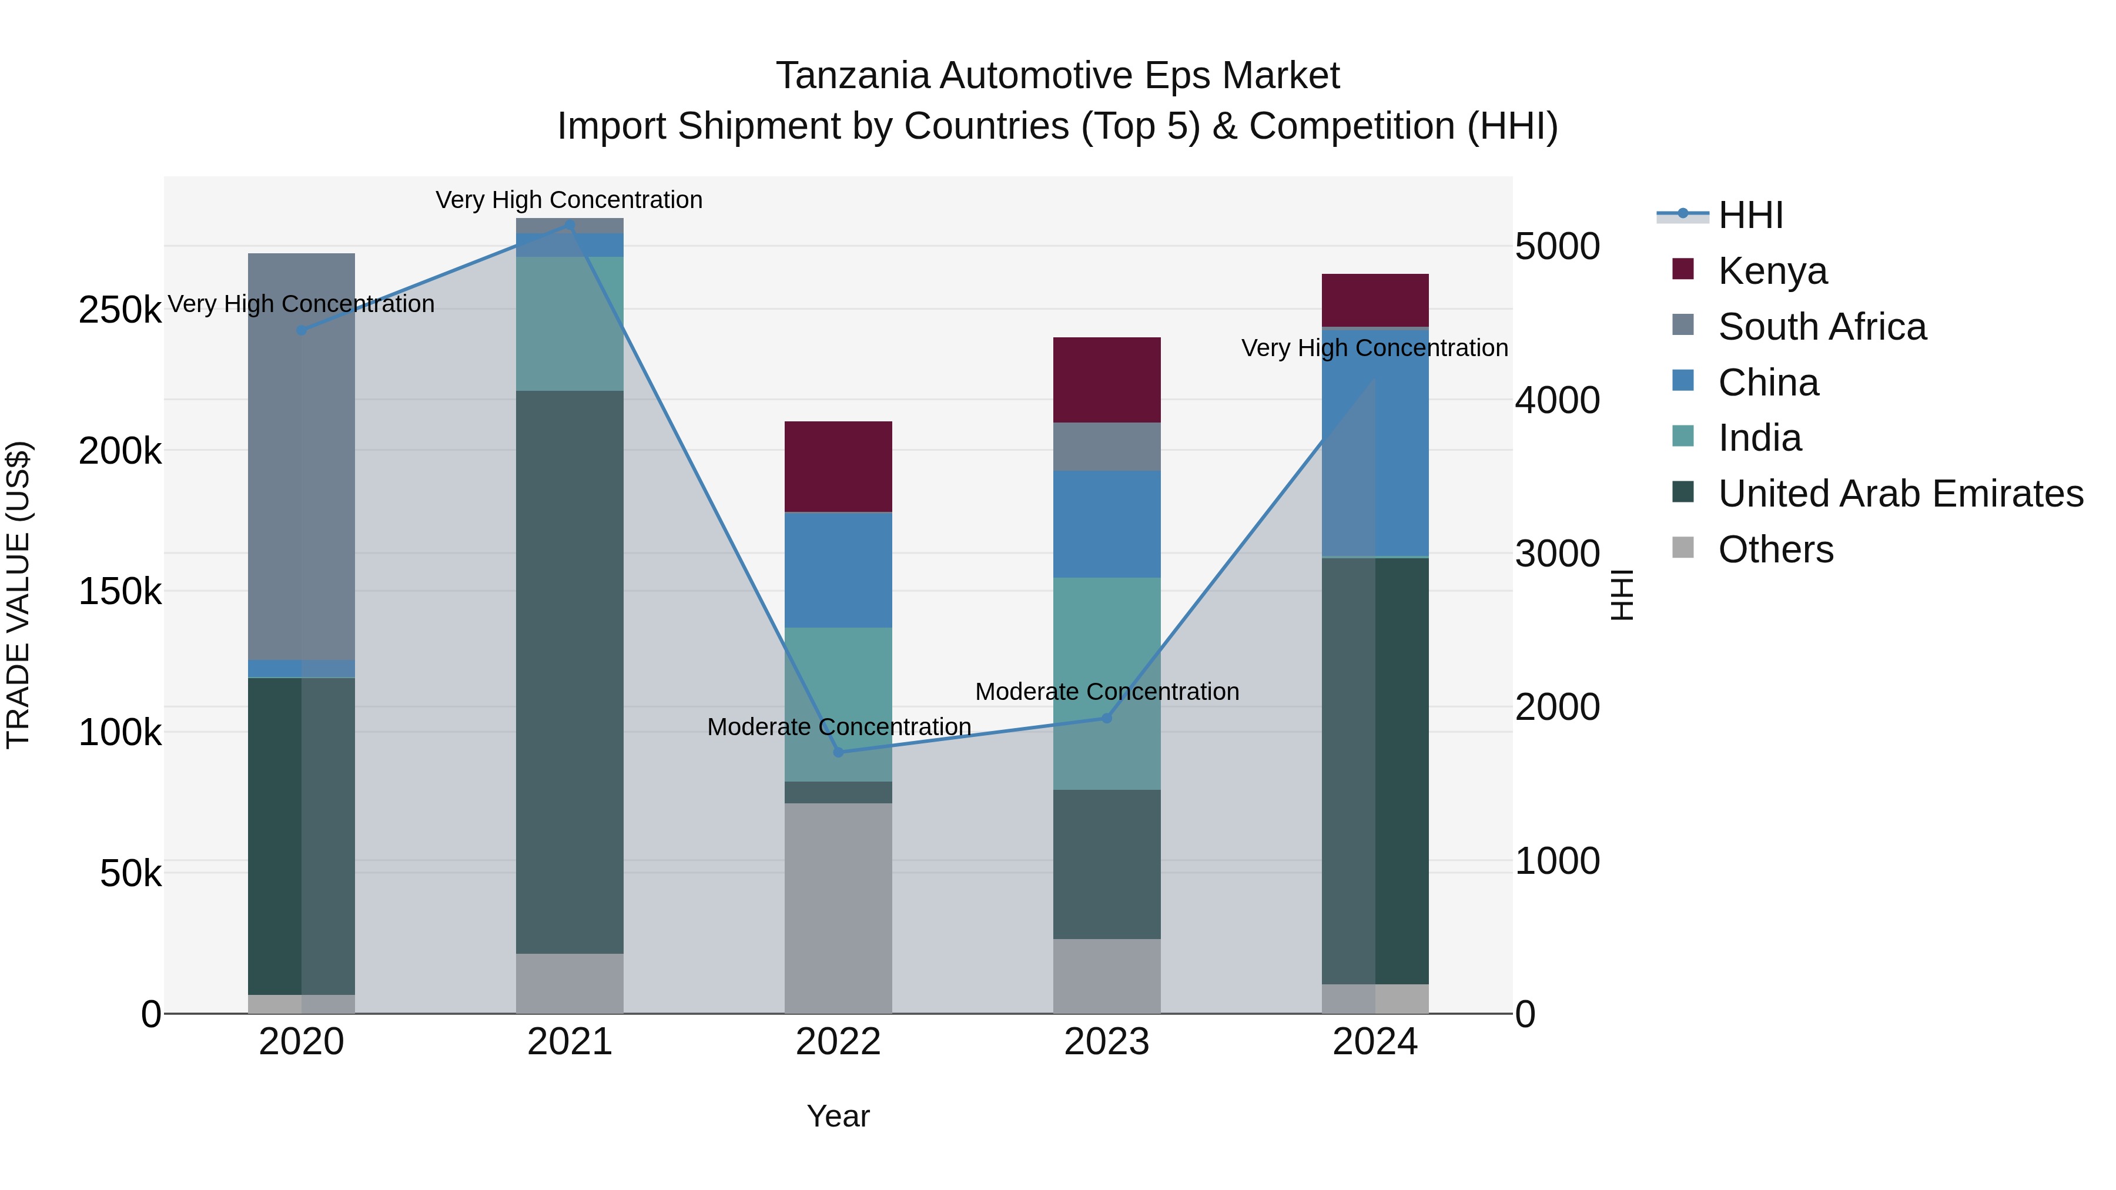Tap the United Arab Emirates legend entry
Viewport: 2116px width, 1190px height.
[1900, 494]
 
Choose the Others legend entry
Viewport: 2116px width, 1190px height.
[1775, 549]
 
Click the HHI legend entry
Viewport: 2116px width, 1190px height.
[1750, 215]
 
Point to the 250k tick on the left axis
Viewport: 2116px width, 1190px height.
[120, 310]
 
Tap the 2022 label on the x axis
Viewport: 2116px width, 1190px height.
[838, 1042]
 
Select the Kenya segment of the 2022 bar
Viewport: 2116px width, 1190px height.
[838, 467]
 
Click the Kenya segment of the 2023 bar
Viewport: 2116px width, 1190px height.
[1106, 380]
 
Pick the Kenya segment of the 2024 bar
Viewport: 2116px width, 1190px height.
[1375, 300]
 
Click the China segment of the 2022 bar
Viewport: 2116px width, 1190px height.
[838, 570]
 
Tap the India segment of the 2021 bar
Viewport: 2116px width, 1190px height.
[569, 324]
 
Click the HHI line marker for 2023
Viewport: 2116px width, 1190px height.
[1106, 718]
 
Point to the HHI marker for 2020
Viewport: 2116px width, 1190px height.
[302, 330]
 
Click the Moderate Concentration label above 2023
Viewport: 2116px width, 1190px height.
[1106, 692]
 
